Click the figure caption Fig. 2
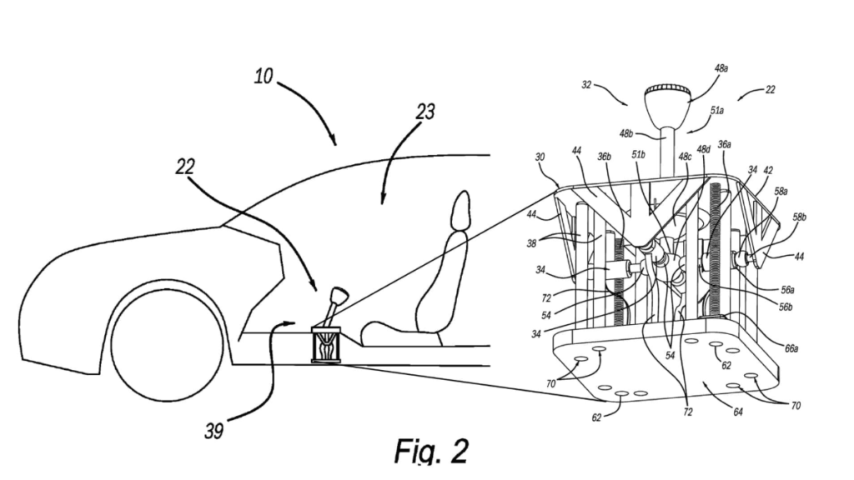[431, 451]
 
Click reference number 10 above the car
[264, 76]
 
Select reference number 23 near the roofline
[425, 112]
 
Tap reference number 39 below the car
[214, 431]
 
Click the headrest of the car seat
[460, 209]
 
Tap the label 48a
[721, 68]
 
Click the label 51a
[717, 111]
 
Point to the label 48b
[626, 133]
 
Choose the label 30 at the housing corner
[540, 157]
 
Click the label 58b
[799, 217]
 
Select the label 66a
[791, 348]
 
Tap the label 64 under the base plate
[737, 412]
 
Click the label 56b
[786, 307]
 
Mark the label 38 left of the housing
[531, 243]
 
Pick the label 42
[768, 170]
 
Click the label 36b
[604, 157]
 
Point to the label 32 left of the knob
[586, 85]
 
